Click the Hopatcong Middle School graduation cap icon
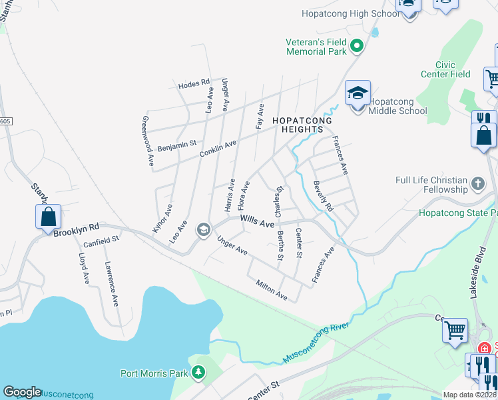click(x=358, y=93)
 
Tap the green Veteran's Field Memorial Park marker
click(x=356, y=46)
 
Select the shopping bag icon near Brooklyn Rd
click(x=48, y=217)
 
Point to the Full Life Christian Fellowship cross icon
click(x=477, y=183)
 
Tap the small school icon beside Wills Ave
click(x=203, y=230)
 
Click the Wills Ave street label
click(x=257, y=221)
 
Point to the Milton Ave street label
click(x=271, y=289)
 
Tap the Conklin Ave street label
click(x=218, y=149)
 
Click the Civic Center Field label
click(x=445, y=69)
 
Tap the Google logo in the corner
click(x=22, y=392)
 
